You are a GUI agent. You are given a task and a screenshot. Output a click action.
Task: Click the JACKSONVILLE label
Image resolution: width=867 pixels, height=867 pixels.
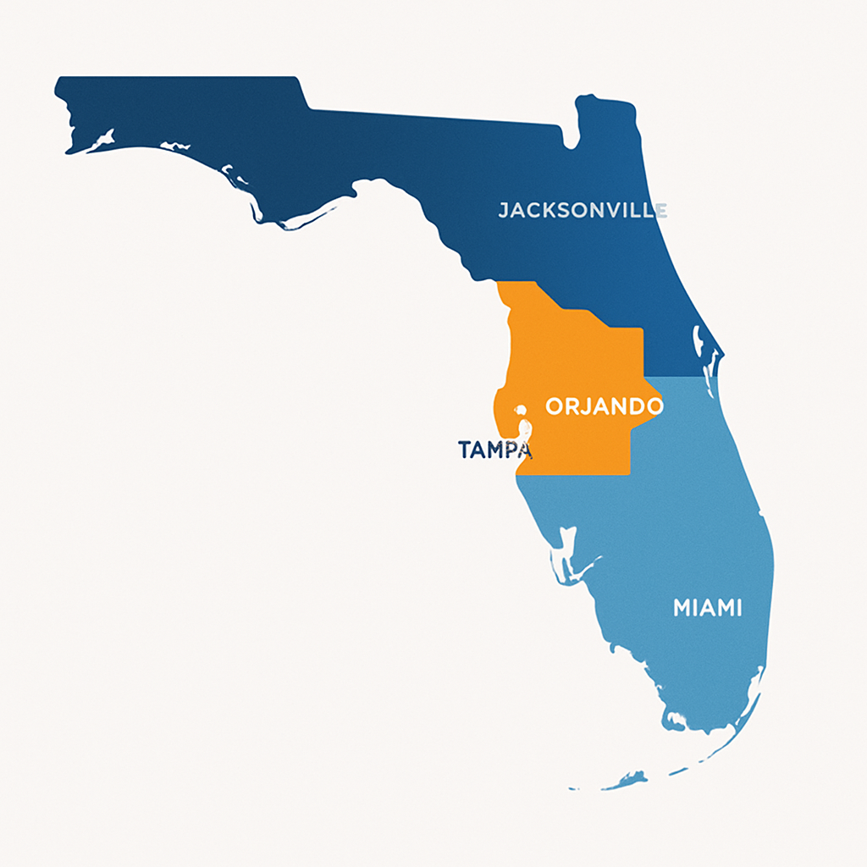tap(582, 209)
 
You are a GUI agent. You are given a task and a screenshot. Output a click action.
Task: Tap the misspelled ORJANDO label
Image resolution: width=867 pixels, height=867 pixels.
tap(604, 406)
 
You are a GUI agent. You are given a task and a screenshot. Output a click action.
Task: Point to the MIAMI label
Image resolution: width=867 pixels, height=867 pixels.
tap(707, 607)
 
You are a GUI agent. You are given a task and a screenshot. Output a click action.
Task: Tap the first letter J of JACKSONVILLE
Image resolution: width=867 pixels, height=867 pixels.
tap(504, 210)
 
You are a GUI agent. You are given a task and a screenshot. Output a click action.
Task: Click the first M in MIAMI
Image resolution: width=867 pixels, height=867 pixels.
tap(683, 607)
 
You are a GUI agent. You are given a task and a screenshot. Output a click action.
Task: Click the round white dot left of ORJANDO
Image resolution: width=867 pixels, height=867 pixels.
tap(521, 411)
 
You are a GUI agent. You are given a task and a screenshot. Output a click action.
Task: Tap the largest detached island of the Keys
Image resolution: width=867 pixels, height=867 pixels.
tap(631, 777)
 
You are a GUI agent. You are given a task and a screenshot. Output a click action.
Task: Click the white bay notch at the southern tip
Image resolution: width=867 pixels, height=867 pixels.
tap(675, 721)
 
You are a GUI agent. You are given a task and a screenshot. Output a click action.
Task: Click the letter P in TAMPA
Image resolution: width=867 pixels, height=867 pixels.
tap(511, 450)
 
